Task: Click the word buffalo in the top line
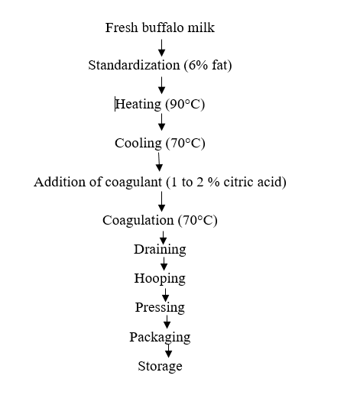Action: click(164, 28)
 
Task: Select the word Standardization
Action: click(135, 65)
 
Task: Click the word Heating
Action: click(138, 105)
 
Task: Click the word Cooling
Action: click(138, 144)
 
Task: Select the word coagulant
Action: click(134, 183)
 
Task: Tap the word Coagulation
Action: click(138, 220)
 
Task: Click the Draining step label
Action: click(160, 250)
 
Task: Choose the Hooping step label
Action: click(160, 279)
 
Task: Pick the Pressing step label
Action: click(160, 308)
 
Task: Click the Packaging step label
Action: click(160, 338)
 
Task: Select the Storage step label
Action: click(160, 367)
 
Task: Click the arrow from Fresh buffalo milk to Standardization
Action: click(161, 47)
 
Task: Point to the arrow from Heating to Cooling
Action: click(161, 122)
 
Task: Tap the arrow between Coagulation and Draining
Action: click(164, 238)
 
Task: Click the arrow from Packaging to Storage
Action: click(168, 351)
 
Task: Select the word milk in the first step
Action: click(201, 28)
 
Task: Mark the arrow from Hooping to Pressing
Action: click(166, 295)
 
